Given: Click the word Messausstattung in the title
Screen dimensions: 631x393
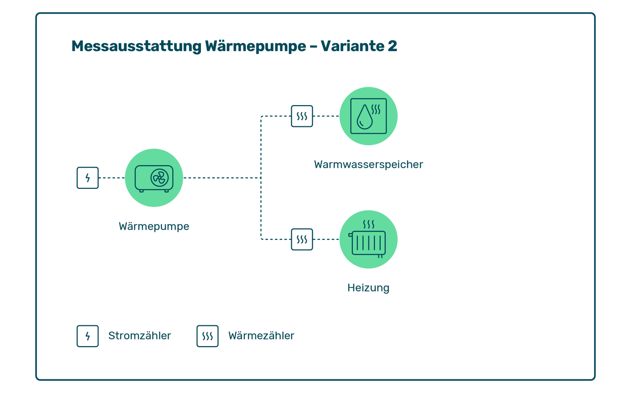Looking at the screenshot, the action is coord(136,46).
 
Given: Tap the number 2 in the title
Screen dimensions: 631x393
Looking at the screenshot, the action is coord(392,46).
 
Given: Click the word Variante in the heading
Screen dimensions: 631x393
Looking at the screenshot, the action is coord(352,46).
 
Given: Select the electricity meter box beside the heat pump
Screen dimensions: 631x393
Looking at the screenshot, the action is coord(88,178).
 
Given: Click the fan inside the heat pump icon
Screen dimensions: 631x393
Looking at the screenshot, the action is coord(160,178).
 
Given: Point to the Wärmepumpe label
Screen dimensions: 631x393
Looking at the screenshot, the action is coord(154,226).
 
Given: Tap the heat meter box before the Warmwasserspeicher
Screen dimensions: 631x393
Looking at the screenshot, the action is coord(302,116).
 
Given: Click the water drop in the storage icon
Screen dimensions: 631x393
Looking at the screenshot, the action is coord(364,117).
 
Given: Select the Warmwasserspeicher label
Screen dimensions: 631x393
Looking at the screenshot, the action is coord(369,164).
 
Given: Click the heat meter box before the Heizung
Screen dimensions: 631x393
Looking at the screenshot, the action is coord(302,239).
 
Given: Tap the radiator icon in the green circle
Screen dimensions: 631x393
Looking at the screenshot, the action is coord(368,243).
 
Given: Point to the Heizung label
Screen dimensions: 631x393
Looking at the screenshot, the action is coord(368,288).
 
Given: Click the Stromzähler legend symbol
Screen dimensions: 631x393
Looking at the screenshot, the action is coord(88,336).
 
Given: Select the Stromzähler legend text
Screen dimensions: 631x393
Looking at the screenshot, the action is coord(140,336).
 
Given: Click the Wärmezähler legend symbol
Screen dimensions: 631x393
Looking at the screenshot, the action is coord(207,336).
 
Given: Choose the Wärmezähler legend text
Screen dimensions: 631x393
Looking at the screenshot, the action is coord(261,336).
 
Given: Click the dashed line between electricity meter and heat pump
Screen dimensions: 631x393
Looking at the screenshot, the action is coord(112,178).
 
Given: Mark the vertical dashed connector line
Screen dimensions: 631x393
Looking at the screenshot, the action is coord(261,178).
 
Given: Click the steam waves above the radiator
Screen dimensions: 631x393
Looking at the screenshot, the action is coord(369,224).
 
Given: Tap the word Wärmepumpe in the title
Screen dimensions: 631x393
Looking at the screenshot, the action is coord(255,46).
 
